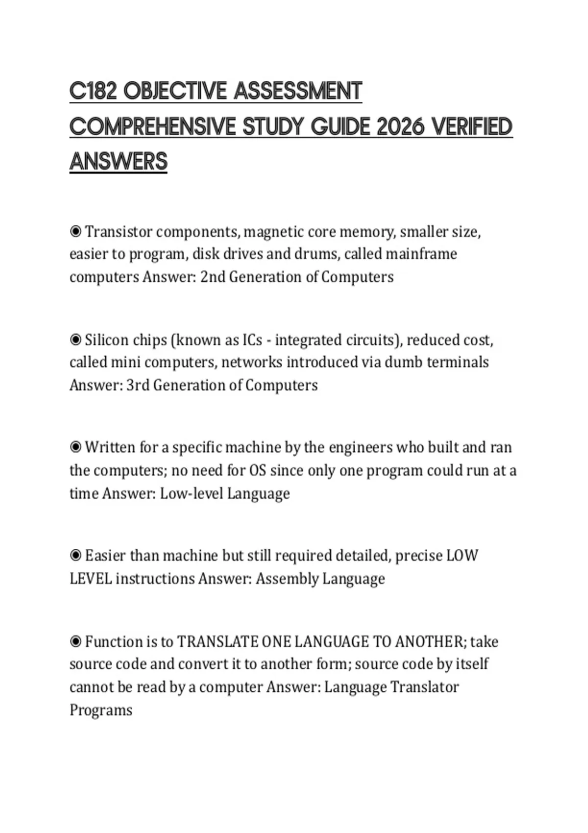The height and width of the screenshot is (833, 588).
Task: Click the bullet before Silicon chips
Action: tap(75, 339)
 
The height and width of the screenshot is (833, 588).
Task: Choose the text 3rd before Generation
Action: tap(138, 385)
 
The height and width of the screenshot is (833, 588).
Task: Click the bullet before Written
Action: tap(75, 447)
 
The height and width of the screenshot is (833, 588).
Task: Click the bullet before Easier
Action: tap(75, 555)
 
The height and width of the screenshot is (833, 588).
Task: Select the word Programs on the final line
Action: tap(101, 710)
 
